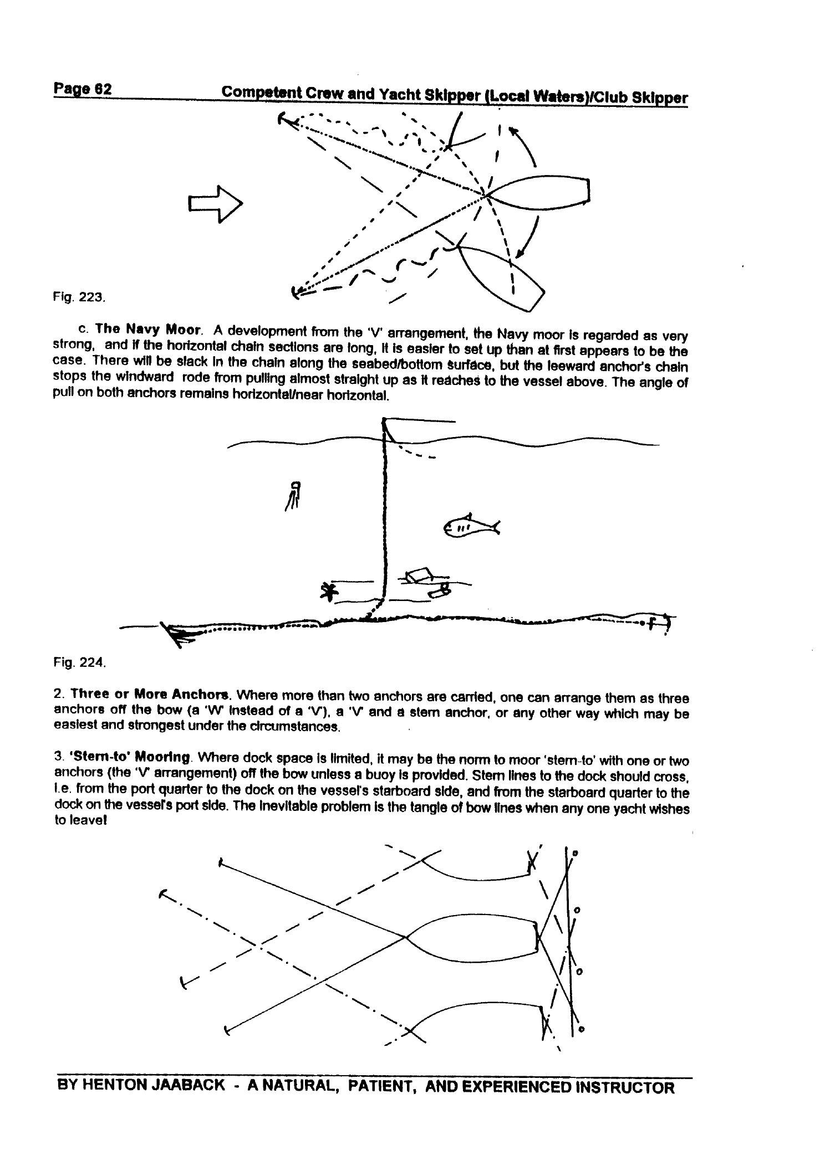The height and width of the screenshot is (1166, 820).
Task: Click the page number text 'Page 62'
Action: [x=83, y=89]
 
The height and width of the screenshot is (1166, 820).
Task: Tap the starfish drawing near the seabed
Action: [x=330, y=592]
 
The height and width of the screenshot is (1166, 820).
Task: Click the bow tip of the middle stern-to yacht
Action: [x=406, y=937]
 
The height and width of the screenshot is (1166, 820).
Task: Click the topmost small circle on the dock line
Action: [x=575, y=854]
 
